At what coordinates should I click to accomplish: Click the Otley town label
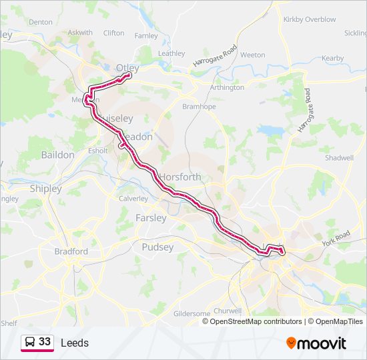click(127, 68)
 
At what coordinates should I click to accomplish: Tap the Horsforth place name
click(180, 177)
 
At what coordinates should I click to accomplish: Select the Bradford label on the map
click(71, 251)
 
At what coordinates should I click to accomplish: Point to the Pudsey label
click(157, 247)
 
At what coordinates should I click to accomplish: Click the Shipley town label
click(45, 189)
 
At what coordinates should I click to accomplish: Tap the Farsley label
click(151, 218)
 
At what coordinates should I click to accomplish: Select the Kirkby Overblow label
click(310, 19)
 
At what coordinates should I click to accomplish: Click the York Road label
click(336, 239)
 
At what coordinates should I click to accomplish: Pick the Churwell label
click(228, 311)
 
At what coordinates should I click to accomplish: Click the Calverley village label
click(133, 199)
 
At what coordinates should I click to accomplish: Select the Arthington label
click(227, 87)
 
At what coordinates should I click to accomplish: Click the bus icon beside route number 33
click(29, 343)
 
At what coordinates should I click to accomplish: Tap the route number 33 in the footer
click(45, 342)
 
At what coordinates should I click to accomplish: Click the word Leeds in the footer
click(74, 343)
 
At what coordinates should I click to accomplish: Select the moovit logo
click(316, 343)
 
